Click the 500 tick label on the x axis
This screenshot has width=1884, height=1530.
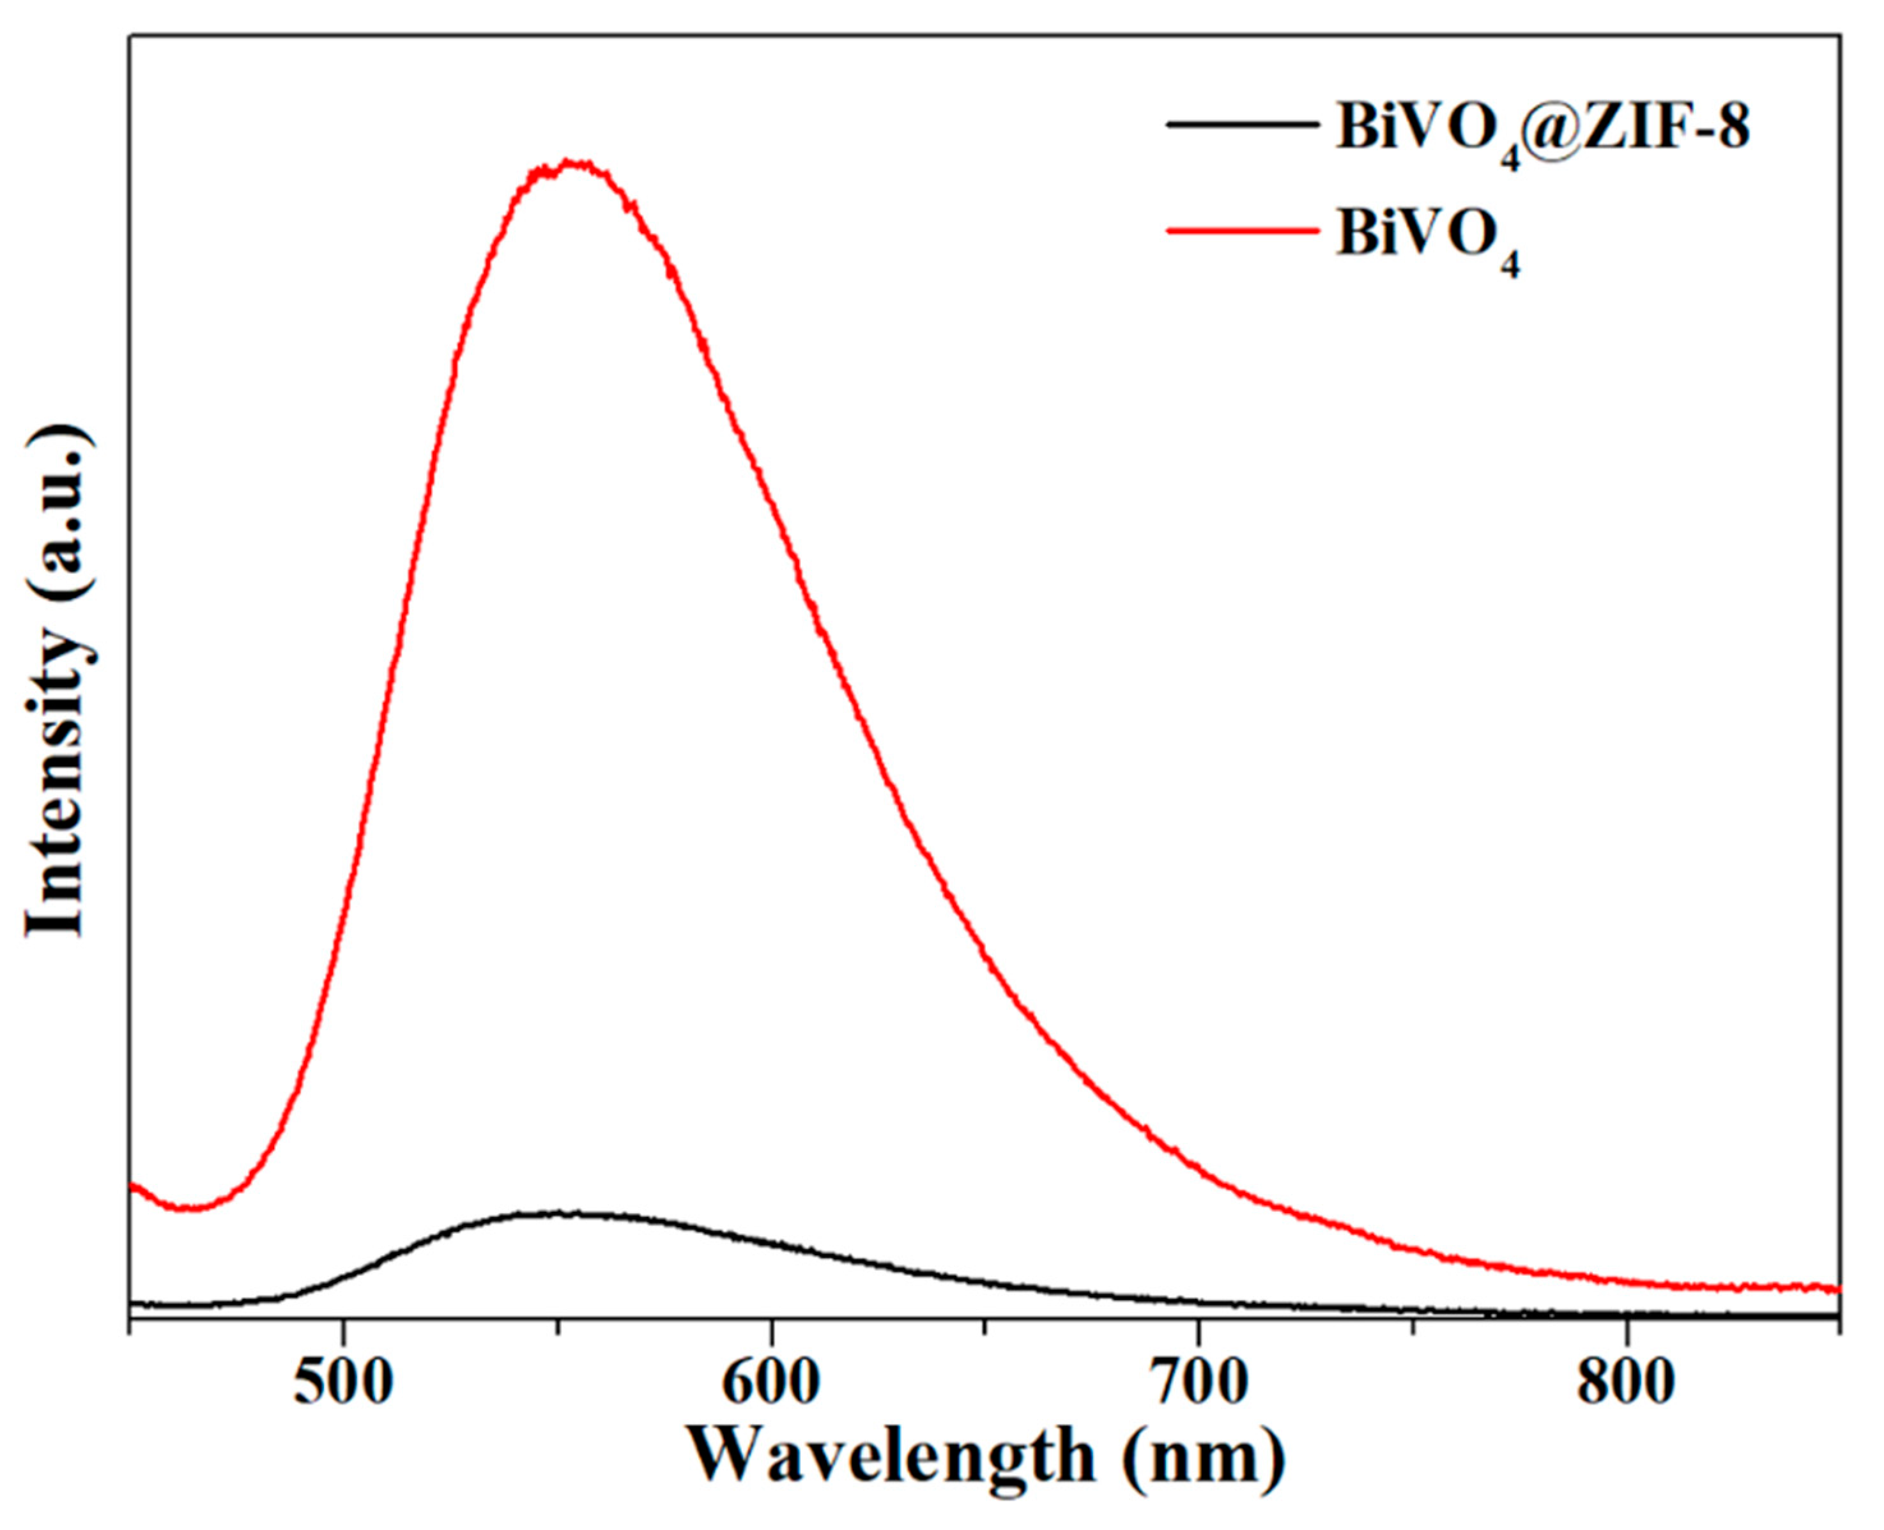343,1383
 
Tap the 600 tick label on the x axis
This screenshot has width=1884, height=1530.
771,1383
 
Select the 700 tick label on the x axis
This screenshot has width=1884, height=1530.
1199,1383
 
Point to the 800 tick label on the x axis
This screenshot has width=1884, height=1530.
1626,1383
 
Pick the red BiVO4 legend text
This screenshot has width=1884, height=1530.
1428,238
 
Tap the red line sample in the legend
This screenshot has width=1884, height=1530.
1243,231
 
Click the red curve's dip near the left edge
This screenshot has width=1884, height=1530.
187,1208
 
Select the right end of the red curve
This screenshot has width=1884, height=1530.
1837,1289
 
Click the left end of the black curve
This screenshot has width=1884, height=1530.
132,1303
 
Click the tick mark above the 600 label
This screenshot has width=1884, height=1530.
772,1326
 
